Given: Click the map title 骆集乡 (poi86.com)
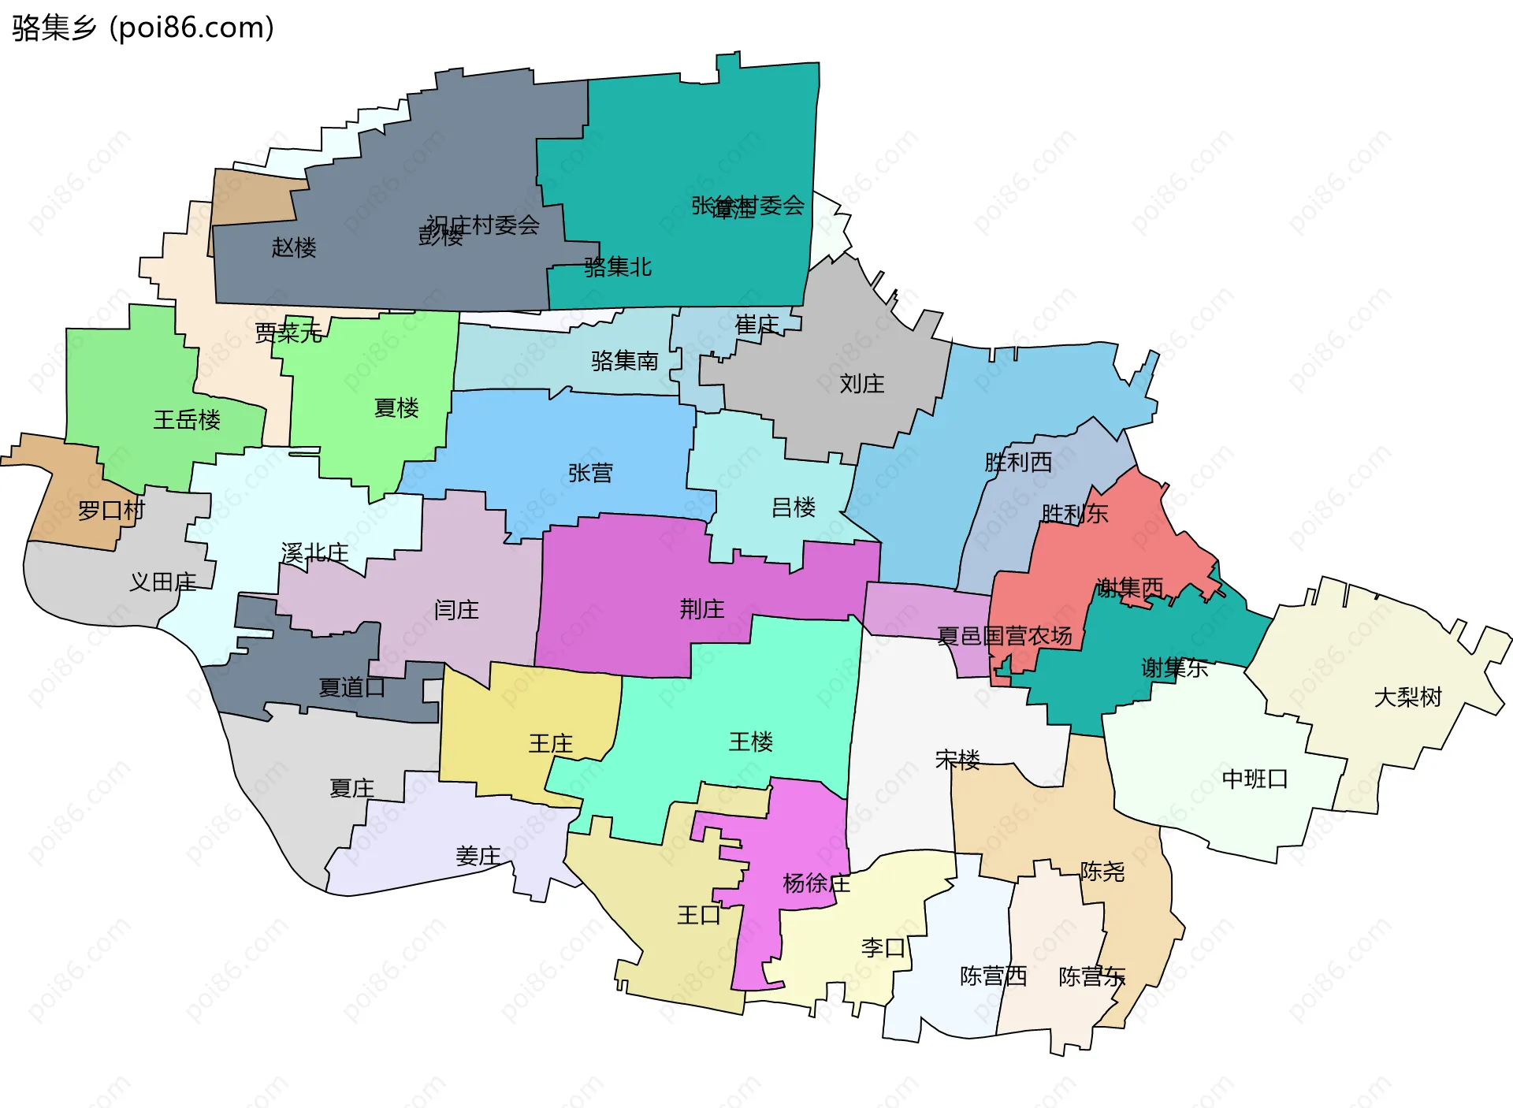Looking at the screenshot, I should click(143, 28).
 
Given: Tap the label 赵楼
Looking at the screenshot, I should click(294, 247).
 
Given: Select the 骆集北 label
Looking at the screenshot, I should click(618, 267).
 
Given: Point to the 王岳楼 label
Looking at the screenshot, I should click(187, 419).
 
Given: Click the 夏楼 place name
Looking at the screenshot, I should click(396, 407).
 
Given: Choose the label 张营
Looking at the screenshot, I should click(590, 473).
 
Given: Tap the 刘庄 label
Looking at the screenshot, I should click(861, 384).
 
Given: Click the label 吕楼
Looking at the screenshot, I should click(794, 508).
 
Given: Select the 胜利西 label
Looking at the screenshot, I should click(1018, 463).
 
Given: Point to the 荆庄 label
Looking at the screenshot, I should click(702, 609).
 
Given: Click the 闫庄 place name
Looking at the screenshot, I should click(456, 610).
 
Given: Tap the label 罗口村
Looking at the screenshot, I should click(111, 511).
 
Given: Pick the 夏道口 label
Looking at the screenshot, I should click(351, 688).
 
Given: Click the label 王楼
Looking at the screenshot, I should click(751, 742).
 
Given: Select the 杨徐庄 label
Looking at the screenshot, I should click(816, 883).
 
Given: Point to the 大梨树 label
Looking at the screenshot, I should click(1407, 697).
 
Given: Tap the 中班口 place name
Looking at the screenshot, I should click(1255, 779).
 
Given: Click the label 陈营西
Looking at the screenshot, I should click(993, 976).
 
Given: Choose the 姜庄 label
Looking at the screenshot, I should click(478, 856).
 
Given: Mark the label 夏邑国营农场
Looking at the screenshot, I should click(1005, 636).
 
